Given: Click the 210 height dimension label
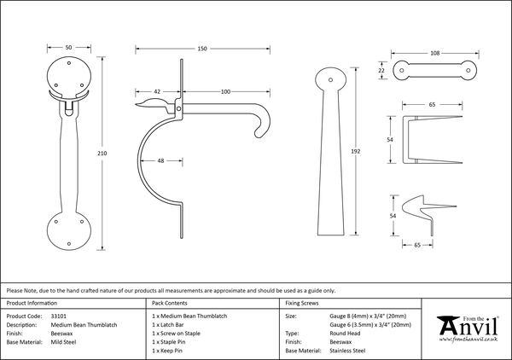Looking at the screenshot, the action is [102, 153].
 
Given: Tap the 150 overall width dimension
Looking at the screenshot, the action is [202, 49].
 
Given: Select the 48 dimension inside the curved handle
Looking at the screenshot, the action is [160, 160].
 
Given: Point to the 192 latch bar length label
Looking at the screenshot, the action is [356, 151].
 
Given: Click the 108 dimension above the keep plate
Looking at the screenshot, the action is [435, 53].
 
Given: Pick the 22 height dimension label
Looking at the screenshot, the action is [381, 70].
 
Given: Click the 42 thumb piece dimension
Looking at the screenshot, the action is [157, 92].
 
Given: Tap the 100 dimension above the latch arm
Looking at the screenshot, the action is [225, 92].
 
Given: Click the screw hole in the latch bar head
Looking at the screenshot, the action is [330, 79].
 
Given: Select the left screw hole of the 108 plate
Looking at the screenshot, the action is [402, 70].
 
